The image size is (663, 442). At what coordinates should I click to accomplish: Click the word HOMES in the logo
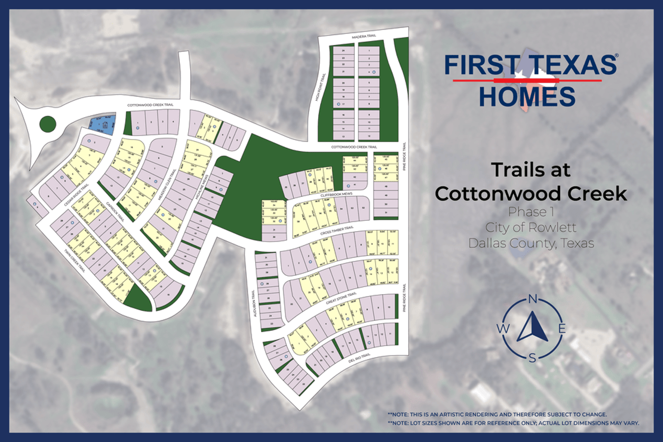pyautogui.click(x=527, y=97)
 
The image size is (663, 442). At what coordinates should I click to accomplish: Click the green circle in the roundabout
pyautogui.click(x=48, y=123)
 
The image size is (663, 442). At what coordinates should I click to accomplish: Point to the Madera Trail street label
pyautogui.click(x=364, y=36)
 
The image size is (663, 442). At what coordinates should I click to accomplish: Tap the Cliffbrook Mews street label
pyautogui.click(x=336, y=194)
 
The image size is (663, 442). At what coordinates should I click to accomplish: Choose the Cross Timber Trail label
pyautogui.click(x=337, y=231)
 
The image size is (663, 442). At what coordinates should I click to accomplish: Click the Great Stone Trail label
pyautogui.click(x=341, y=298)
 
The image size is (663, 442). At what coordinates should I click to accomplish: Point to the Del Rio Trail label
pyautogui.click(x=359, y=358)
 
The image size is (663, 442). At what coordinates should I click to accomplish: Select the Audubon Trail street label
pyautogui.click(x=254, y=303)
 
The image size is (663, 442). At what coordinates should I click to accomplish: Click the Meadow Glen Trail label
pyautogui.click(x=167, y=185)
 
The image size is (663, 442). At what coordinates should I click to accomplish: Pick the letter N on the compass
pyautogui.click(x=533, y=299)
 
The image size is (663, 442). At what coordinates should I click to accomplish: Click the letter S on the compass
pyautogui.click(x=533, y=358)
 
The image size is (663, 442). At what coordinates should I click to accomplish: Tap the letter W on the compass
pyautogui.click(x=503, y=329)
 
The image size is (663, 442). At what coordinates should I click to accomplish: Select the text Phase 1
pyautogui.click(x=531, y=212)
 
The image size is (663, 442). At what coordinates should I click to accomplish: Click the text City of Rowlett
pyautogui.click(x=531, y=227)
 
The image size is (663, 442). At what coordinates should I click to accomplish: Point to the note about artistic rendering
pyautogui.click(x=497, y=414)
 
